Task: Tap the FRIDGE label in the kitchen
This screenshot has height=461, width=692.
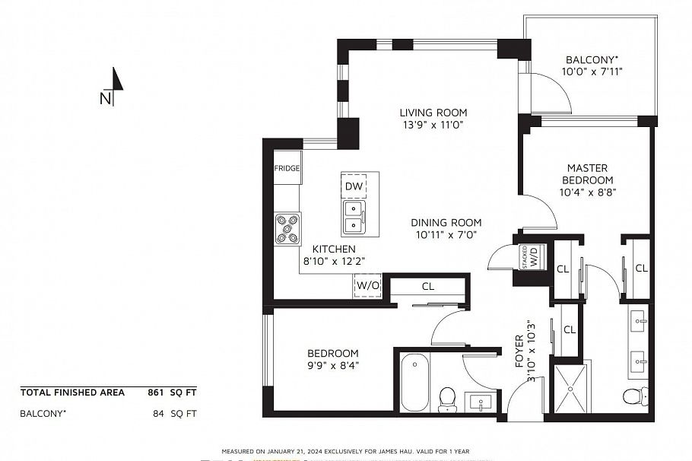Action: point(287,168)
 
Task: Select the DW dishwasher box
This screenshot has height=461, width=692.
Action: point(354,186)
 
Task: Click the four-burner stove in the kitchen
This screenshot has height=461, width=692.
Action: point(287,228)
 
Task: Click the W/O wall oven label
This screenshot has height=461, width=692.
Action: point(366,286)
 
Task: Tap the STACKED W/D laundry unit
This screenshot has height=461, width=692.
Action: point(525,257)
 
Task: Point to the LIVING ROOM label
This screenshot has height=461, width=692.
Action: point(433,113)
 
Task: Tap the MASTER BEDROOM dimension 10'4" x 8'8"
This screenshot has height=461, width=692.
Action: point(587,192)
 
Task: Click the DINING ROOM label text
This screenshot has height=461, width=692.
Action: point(446,222)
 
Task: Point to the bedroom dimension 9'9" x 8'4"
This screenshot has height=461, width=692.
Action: point(332,365)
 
